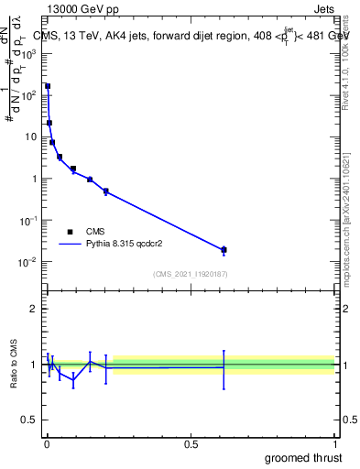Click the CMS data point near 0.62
point(224,249)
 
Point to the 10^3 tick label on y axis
point(30,53)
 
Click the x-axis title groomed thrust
point(303,457)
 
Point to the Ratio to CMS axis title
point(14,365)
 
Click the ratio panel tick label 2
point(33,309)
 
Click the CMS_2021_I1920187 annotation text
point(191,275)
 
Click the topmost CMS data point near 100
point(47,86)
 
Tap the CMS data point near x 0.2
point(106,191)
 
